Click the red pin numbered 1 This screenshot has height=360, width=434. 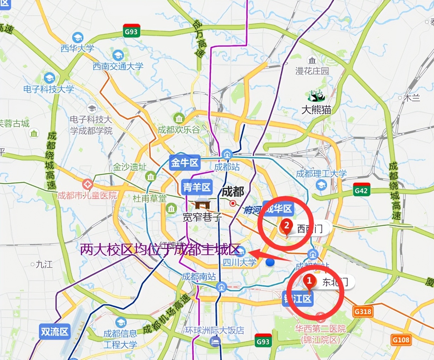pos(309,282)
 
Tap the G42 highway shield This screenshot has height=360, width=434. pos(361,190)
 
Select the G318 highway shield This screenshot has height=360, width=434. pos(363,311)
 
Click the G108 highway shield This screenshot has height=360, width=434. pos(401,340)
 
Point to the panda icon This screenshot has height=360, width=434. pos(316,96)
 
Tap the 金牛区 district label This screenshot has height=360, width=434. pos(185,163)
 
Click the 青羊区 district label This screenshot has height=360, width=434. pos(197,187)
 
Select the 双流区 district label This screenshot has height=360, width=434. pos(55,332)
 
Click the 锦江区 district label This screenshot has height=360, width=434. pos(298,299)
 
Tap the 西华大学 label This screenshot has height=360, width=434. pos(78,48)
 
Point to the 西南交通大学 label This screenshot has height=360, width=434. pos(118,66)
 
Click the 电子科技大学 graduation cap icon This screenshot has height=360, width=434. pos(49,78)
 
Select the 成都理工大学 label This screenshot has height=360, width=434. pos(321,174)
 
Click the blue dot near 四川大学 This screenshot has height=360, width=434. pos(270,262)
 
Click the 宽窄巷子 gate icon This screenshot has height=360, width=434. pos(202,204)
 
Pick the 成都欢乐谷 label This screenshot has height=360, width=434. pos(179,130)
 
